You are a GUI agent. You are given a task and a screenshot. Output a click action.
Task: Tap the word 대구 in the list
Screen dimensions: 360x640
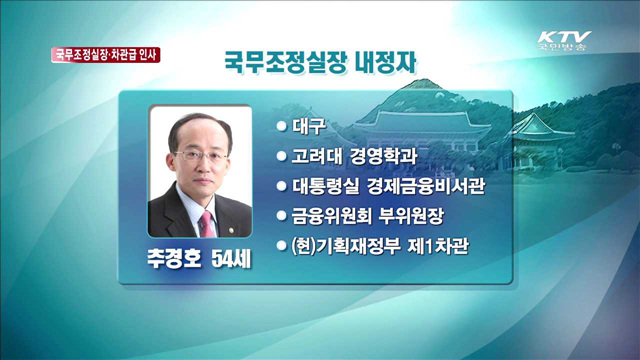coord(306,127)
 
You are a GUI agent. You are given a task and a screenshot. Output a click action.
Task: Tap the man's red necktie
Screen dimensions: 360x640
coord(205,221)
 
